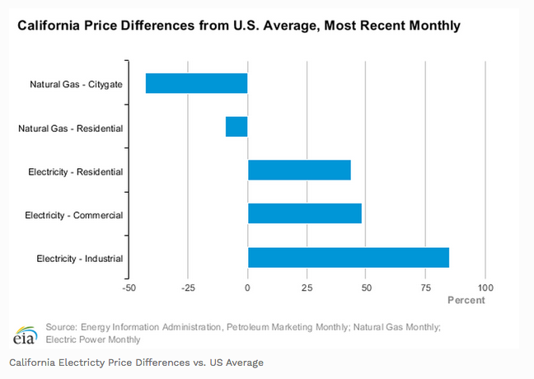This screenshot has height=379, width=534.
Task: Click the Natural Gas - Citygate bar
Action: click(x=196, y=83)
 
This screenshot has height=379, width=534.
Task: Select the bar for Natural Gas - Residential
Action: click(x=237, y=127)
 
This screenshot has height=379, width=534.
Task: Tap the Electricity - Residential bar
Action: click(x=299, y=171)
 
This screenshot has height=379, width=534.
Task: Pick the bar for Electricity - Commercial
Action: click(x=305, y=213)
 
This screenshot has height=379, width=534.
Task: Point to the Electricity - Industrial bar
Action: click(x=349, y=257)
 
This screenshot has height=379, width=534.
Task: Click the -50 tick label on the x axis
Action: click(x=129, y=288)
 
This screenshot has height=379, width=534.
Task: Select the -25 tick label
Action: click(x=188, y=288)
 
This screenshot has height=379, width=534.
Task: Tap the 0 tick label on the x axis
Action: click(x=248, y=288)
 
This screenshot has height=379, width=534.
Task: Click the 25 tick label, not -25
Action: click(x=307, y=288)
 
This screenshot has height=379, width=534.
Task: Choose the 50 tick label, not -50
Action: click(x=367, y=288)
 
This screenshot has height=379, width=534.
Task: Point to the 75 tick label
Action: click(x=426, y=288)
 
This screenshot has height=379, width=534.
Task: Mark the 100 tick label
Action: click(x=485, y=288)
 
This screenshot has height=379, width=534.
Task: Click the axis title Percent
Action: click(x=466, y=300)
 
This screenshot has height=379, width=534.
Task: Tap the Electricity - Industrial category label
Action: click(x=80, y=259)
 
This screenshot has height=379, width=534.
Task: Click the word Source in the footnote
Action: click(x=62, y=327)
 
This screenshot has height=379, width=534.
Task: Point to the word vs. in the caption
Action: click(x=201, y=362)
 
